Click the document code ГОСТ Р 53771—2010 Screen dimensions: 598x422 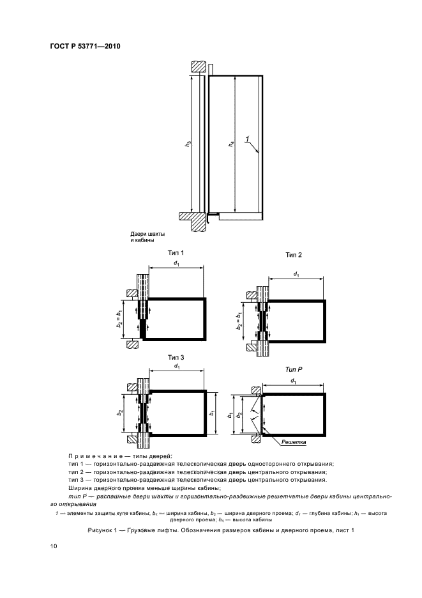(x=85, y=47)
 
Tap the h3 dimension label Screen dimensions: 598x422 (x=188, y=144)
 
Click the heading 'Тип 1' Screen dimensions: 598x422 (x=175, y=253)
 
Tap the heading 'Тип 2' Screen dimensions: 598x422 (x=294, y=255)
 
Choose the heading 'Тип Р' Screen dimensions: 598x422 (x=293, y=370)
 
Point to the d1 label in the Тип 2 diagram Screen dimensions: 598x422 (x=296, y=273)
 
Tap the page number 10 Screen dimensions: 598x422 (x=54, y=546)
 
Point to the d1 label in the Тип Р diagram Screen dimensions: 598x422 (x=294, y=382)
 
